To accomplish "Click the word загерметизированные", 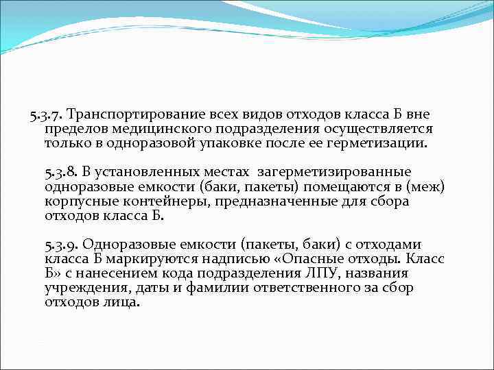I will click(x=334, y=171).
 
